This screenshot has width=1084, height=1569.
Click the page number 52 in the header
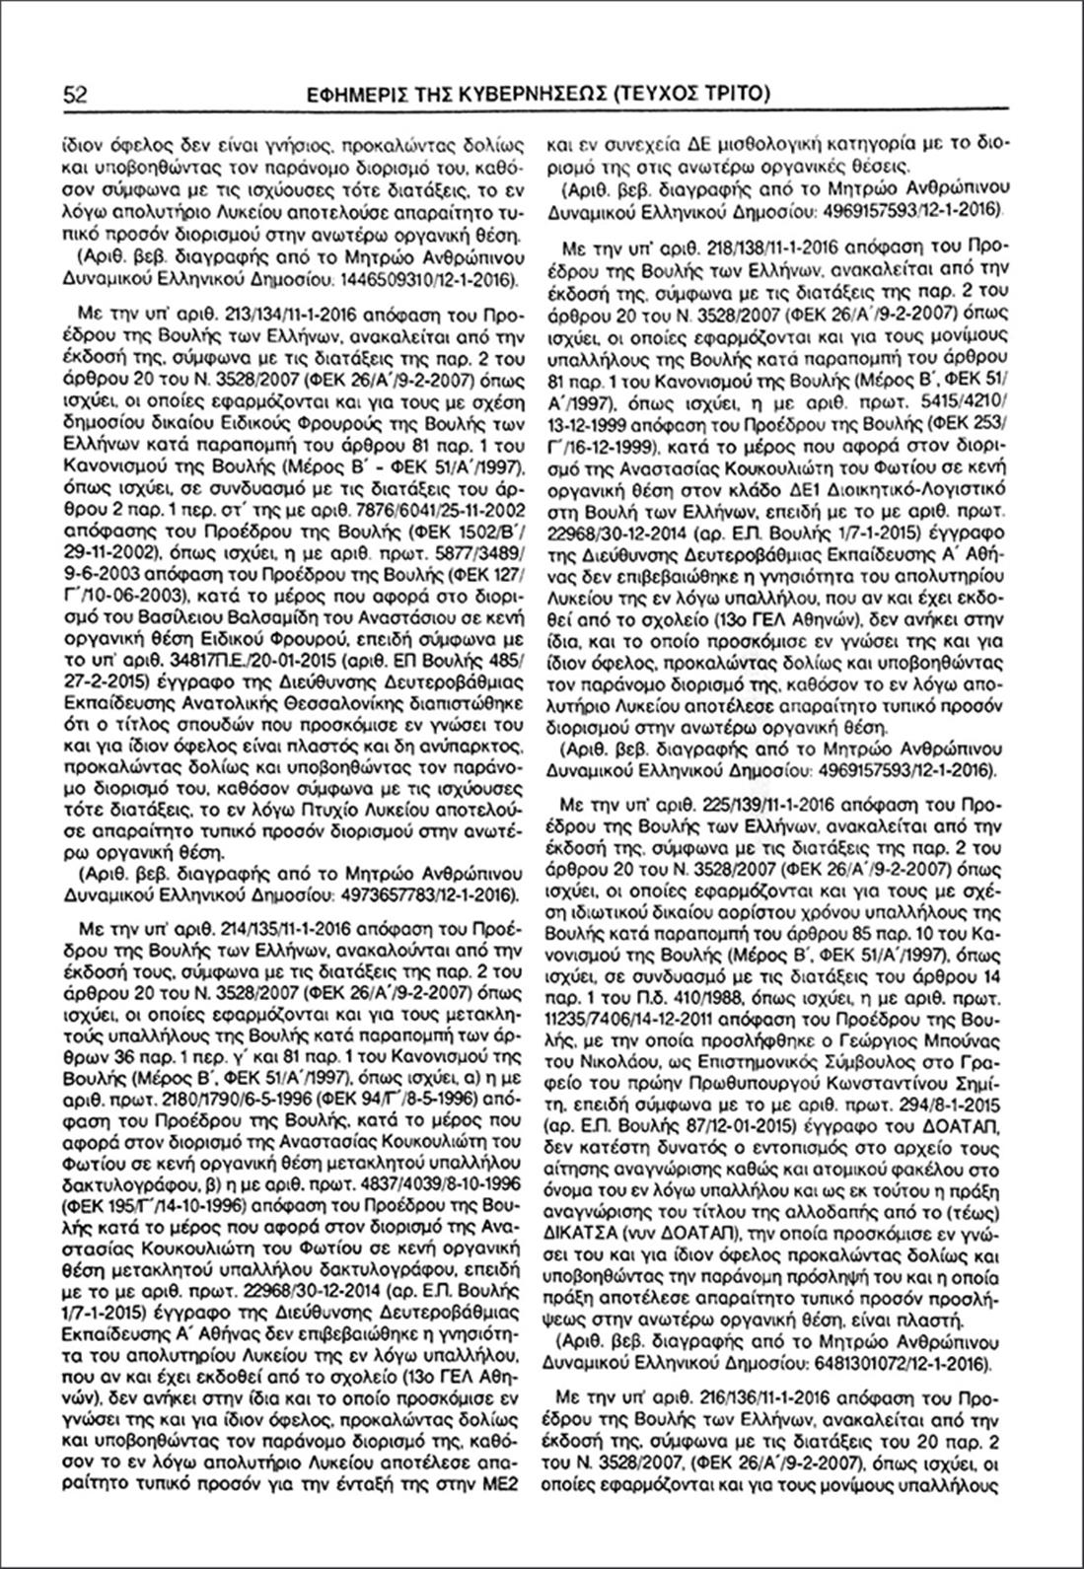pos(76,95)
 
